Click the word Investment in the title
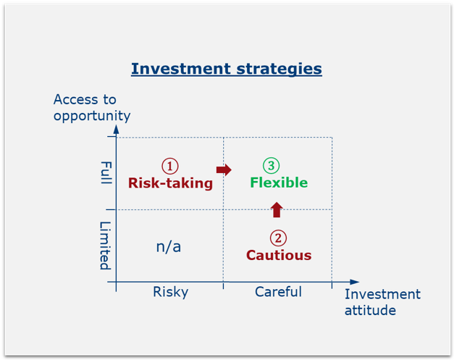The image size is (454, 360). pos(181,69)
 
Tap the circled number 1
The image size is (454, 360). pos(170,166)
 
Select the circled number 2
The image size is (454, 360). pos(278,238)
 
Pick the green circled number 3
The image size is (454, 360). pos(271,165)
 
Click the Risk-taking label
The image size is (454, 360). pos(171,183)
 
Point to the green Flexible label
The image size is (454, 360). pos(279,183)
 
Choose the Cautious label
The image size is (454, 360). pos(279,255)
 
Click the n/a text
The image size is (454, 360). pos(169,247)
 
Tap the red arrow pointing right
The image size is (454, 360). pos(224,169)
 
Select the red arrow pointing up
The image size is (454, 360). pos(277,209)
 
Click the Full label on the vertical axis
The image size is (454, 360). pos(106,172)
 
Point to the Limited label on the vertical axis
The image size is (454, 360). pos(105,246)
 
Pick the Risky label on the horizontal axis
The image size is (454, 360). pos(171,292)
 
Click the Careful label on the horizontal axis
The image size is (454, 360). pos(278,291)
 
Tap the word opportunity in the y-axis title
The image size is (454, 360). pos(92,116)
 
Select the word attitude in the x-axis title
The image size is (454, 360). pos(370,310)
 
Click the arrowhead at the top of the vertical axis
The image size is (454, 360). pos(116,129)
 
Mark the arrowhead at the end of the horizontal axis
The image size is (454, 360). pos(354,282)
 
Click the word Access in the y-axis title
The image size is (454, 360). pos(77,99)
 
